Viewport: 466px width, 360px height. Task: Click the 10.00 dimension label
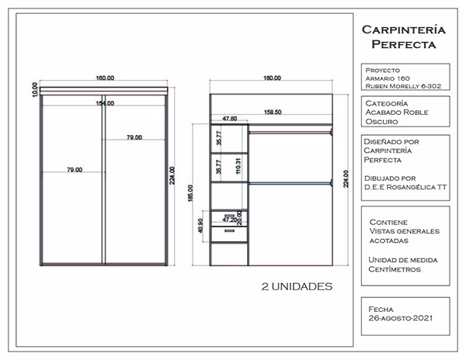pyautogui.click(x=35, y=90)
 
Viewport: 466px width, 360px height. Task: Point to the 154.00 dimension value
pyautogui.click(x=105, y=103)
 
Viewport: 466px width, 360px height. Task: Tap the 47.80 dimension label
pyautogui.click(x=230, y=119)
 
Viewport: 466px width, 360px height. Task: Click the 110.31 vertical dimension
pyautogui.click(x=238, y=165)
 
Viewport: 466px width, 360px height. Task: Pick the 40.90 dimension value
pyautogui.click(x=201, y=226)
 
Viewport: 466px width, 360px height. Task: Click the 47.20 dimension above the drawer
pyautogui.click(x=230, y=220)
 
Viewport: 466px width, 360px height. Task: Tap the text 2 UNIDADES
pyautogui.click(x=297, y=286)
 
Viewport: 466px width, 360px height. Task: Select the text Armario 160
pyautogui.click(x=386, y=78)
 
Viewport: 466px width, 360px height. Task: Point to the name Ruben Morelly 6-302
pyautogui.click(x=402, y=86)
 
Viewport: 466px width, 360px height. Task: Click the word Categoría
pyautogui.click(x=385, y=102)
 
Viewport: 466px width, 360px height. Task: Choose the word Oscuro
pyautogui.click(x=381, y=122)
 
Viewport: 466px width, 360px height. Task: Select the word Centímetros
pyautogui.click(x=395, y=269)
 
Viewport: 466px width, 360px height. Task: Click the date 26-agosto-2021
pyautogui.click(x=401, y=318)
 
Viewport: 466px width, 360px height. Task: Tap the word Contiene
pyautogui.click(x=389, y=221)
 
